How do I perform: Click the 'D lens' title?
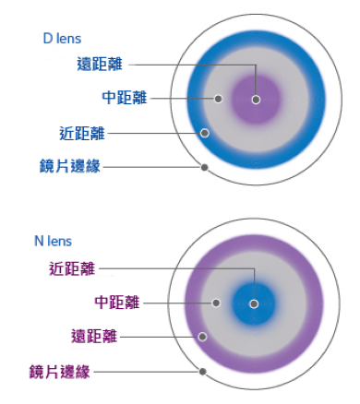coord(62,39)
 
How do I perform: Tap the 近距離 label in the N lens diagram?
coord(72,269)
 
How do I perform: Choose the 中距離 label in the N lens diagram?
coord(117,302)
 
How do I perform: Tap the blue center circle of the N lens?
coord(255,303)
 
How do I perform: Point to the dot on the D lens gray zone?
coord(219,98)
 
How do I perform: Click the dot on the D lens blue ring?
coord(205,133)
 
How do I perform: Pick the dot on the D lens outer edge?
coord(204,168)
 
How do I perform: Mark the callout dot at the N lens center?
coord(255,303)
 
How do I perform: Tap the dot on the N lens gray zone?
coord(215,302)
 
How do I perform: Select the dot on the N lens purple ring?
coord(205,336)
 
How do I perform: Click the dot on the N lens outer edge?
coord(202,372)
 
